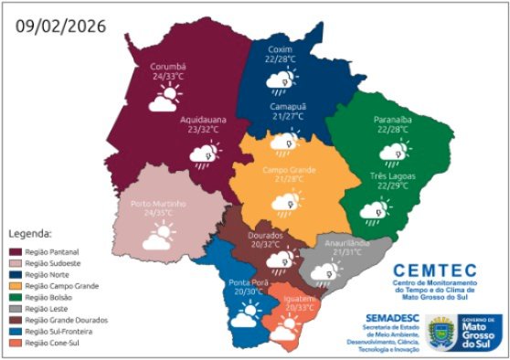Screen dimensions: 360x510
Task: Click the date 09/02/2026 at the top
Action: (59, 25)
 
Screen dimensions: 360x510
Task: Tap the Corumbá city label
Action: (168, 67)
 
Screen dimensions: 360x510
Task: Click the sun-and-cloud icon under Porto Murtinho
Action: (161, 238)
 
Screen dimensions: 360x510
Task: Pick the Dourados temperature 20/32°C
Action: (271, 244)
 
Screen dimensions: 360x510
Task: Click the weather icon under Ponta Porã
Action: (246, 315)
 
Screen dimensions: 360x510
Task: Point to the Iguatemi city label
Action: (301, 298)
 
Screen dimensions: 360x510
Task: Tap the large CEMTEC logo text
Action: (434, 270)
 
